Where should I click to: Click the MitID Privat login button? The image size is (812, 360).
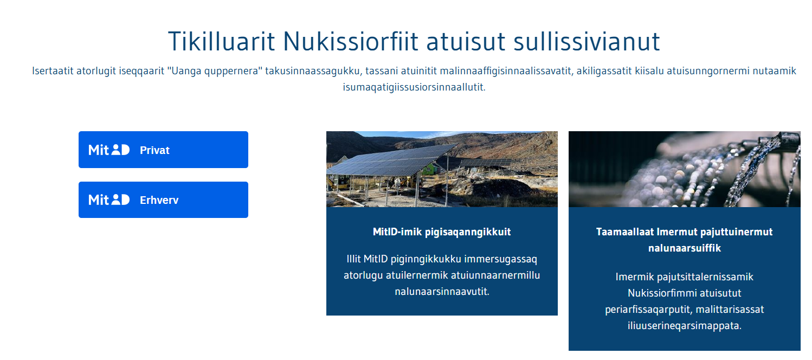[x=163, y=150]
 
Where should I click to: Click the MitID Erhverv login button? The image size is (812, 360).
[x=163, y=200]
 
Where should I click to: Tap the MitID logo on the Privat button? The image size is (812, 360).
[x=109, y=150]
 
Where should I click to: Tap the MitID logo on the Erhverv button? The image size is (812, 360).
[x=109, y=200]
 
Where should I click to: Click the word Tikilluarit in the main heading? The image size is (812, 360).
[x=222, y=41]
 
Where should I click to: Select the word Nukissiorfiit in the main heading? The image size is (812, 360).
[x=351, y=41]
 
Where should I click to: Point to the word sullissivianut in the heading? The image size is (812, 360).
[x=587, y=41]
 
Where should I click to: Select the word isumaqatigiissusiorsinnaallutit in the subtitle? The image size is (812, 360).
[x=414, y=87]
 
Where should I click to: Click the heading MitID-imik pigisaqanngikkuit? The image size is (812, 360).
[x=442, y=232]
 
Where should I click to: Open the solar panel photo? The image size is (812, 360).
[x=442, y=169]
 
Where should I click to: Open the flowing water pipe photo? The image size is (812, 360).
[x=685, y=169]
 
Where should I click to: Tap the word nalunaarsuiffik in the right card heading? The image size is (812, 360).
[x=685, y=248]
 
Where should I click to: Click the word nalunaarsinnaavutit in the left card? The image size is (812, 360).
[x=442, y=292]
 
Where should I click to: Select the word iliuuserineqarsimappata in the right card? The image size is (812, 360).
[x=685, y=325]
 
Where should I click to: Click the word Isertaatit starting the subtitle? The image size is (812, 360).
[x=53, y=70]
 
